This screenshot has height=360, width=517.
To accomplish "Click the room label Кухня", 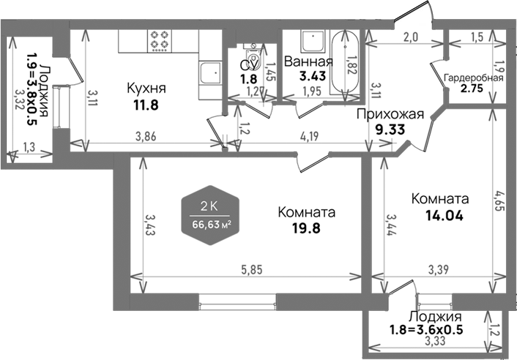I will [x=146, y=89].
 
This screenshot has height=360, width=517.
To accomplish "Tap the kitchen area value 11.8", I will [x=146, y=104].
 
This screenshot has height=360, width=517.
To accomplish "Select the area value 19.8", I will [x=306, y=228].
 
